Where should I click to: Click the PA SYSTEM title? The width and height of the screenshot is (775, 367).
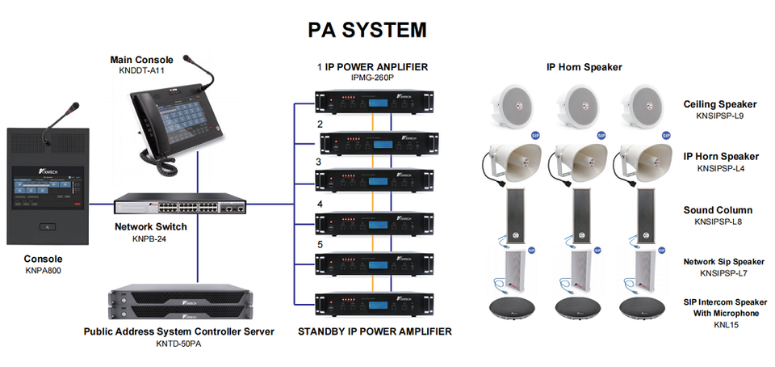[x=367, y=30]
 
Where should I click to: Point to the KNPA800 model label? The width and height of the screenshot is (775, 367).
[x=43, y=271]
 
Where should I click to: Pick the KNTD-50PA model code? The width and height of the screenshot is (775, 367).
[x=178, y=344]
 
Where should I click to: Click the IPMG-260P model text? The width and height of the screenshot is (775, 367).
[x=371, y=78]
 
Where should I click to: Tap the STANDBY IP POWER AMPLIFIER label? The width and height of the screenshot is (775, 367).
[x=375, y=331]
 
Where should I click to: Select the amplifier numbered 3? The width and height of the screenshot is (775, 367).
[x=375, y=179]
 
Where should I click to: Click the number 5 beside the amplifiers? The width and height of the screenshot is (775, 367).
[x=320, y=243]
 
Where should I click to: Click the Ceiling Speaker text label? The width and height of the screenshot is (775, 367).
[x=719, y=104]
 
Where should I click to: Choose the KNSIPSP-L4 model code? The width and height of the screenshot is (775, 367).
[x=720, y=168]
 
